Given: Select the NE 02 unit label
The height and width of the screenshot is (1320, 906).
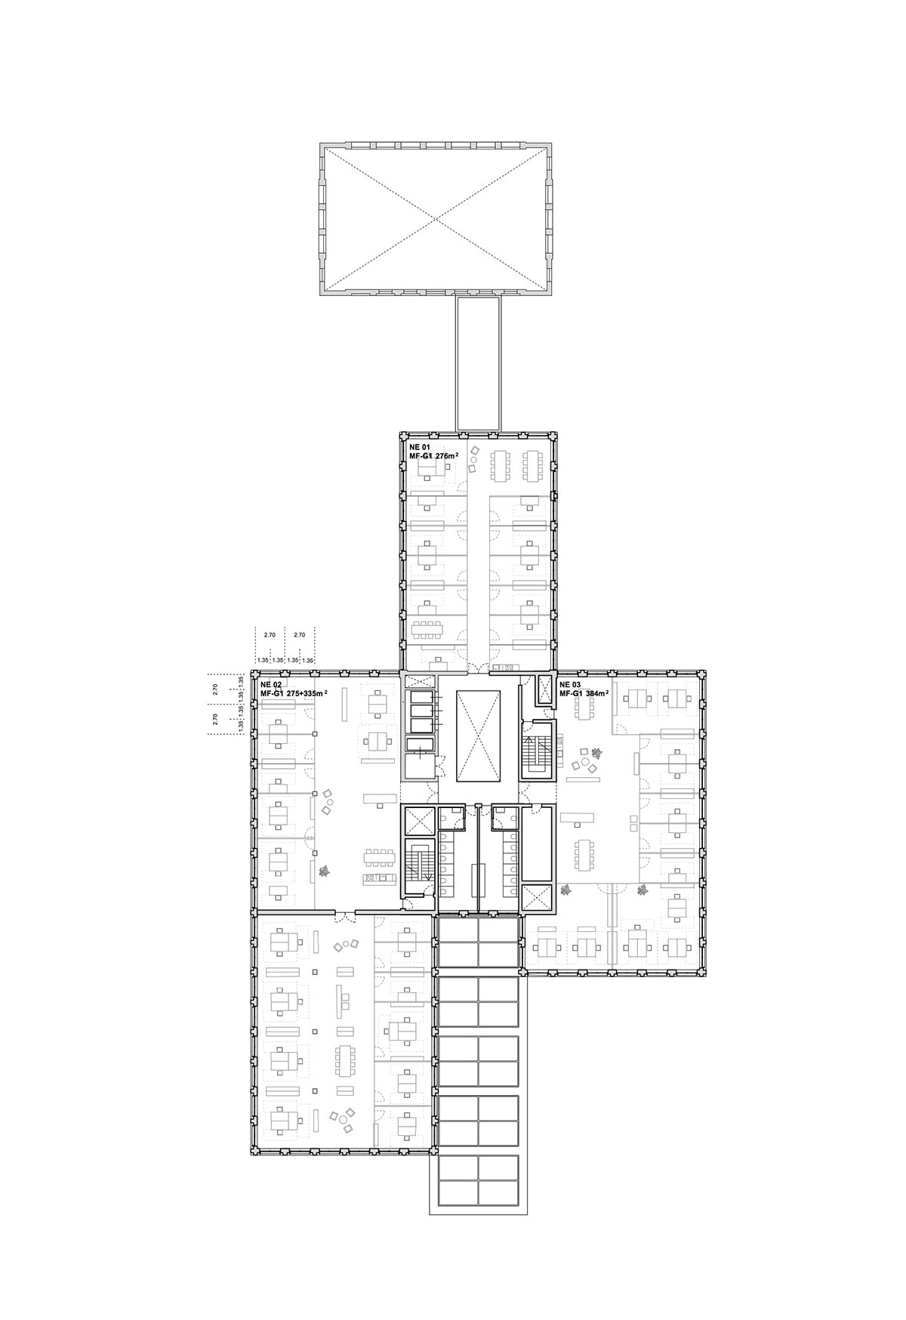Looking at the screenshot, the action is (270, 684).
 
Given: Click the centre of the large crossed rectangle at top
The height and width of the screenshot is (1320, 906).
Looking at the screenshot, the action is (436, 218).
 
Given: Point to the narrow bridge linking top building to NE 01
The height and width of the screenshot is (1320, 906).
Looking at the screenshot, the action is (478, 363).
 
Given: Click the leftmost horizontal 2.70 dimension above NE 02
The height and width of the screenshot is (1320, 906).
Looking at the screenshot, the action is (270, 635).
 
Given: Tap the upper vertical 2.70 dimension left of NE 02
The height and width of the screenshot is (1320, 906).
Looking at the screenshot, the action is (215, 689).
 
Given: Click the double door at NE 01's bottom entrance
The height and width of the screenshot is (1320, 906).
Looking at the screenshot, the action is (476, 667).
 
